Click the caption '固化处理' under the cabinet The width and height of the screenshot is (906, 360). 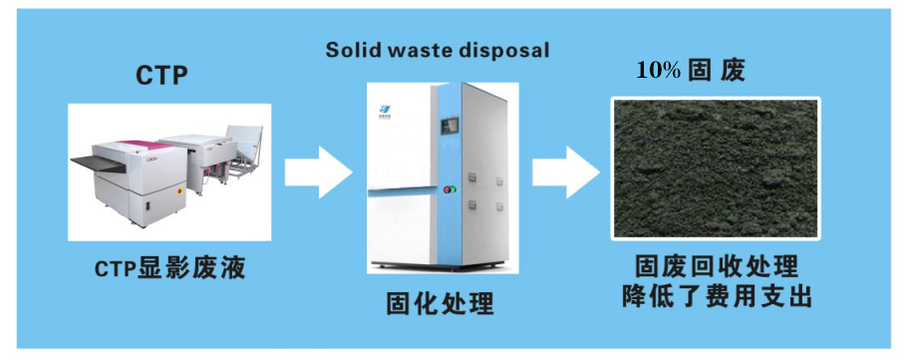pos(440,303)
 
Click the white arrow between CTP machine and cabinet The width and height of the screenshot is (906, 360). pos(317,173)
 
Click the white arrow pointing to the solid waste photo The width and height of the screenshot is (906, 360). pos(563,173)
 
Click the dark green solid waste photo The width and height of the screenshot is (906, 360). pos(715,169)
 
